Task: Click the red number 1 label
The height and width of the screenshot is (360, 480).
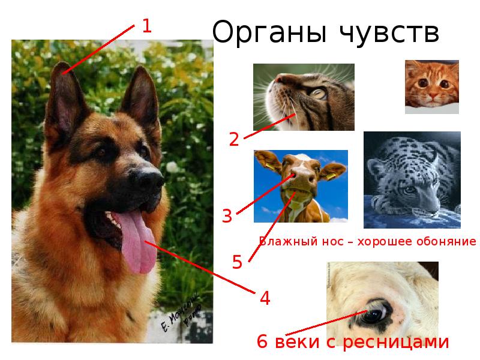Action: (x=146, y=26)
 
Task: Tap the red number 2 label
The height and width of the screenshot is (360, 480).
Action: (x=234, y=139)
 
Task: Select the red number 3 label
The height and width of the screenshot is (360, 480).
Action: (x=227, y=216)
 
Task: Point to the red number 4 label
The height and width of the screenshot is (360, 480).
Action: (x=265, y=298)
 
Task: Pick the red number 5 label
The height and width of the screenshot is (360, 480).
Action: (x=237, y=262)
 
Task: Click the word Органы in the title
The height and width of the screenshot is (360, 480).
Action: (x=265, y=34)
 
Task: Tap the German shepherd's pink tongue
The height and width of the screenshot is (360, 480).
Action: (x=139, y=246)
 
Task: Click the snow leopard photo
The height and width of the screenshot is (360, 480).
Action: (x=412, y=179)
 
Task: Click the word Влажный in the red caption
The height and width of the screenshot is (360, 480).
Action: (x=281, y=242)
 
